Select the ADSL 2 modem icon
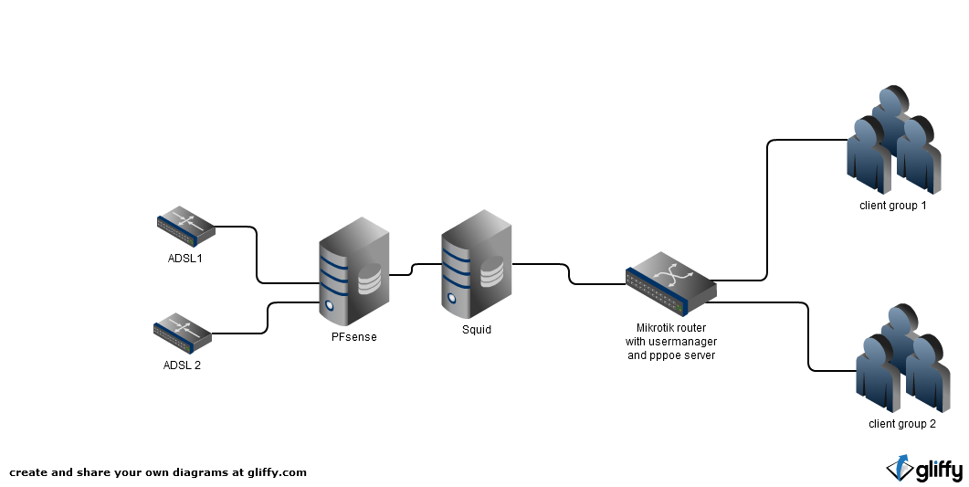click(183, 334)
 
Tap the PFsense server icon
click(354, 271)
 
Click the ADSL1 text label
click(184, 258)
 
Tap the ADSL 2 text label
click(182, 365)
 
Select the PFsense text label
click(353, 337)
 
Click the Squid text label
click(476, 330)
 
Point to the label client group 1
click(893, 206)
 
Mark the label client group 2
click(902, 424)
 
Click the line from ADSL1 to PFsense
click(258, 256)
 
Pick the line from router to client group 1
click(766, 210)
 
